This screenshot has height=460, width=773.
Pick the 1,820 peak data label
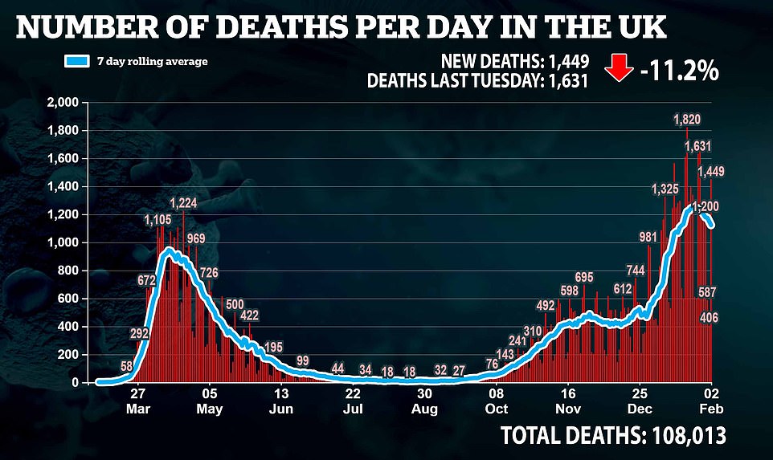point(688,120)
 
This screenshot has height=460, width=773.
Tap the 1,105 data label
point(158,219)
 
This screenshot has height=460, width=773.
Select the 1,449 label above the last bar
point(712,171)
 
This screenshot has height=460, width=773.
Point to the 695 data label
point(584,277)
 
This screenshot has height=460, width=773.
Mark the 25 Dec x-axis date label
point(640,401)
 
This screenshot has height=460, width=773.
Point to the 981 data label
point(648,237)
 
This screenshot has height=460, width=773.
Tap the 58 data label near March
point(127,366)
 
